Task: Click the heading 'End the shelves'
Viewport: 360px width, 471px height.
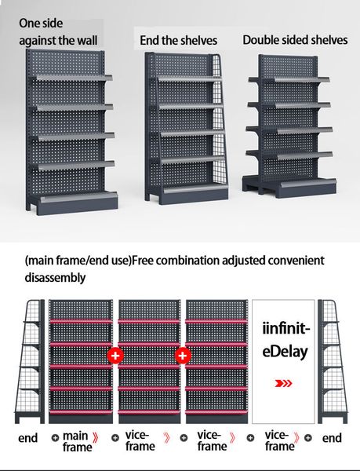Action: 179,41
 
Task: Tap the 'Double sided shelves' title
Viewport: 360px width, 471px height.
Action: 295,40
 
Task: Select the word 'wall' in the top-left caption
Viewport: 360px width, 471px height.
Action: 87,40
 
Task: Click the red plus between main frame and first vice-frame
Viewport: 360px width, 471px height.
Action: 115,356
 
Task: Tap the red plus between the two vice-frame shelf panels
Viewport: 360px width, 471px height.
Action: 183,356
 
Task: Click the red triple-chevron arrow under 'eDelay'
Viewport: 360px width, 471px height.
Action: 283,383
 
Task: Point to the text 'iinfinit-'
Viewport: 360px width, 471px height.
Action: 286,328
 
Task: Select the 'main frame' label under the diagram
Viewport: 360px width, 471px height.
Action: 78,441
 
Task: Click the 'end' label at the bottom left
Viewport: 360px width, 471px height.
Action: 28,438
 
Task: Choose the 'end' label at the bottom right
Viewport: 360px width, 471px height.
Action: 332,438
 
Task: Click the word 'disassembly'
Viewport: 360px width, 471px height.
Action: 55,277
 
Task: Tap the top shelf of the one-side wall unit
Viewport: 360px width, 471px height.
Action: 74,78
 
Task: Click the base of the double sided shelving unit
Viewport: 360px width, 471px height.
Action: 289,188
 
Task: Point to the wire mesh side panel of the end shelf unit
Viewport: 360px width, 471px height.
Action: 220,120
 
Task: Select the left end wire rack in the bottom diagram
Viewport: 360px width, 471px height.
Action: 29,361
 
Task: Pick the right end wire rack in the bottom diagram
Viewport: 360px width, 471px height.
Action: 333,361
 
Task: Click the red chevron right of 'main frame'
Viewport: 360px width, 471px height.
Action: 96,438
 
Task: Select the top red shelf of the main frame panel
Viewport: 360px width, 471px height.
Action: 81,322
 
